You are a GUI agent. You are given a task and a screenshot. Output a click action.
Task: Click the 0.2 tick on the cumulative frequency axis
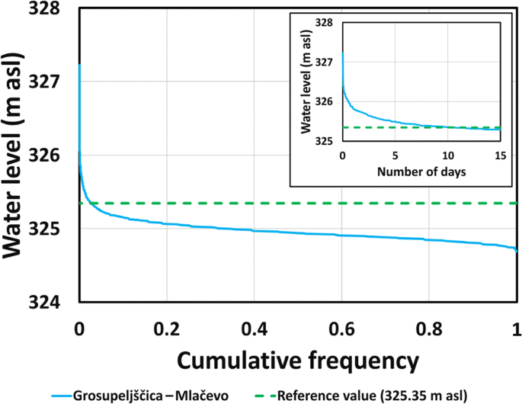point(166,330)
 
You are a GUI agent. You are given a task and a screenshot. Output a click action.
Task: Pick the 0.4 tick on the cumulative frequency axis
point(254,330)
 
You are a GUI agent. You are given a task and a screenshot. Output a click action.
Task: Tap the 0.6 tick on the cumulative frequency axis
point(341,330)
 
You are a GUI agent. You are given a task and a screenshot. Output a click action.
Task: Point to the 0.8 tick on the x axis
point(429,330)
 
